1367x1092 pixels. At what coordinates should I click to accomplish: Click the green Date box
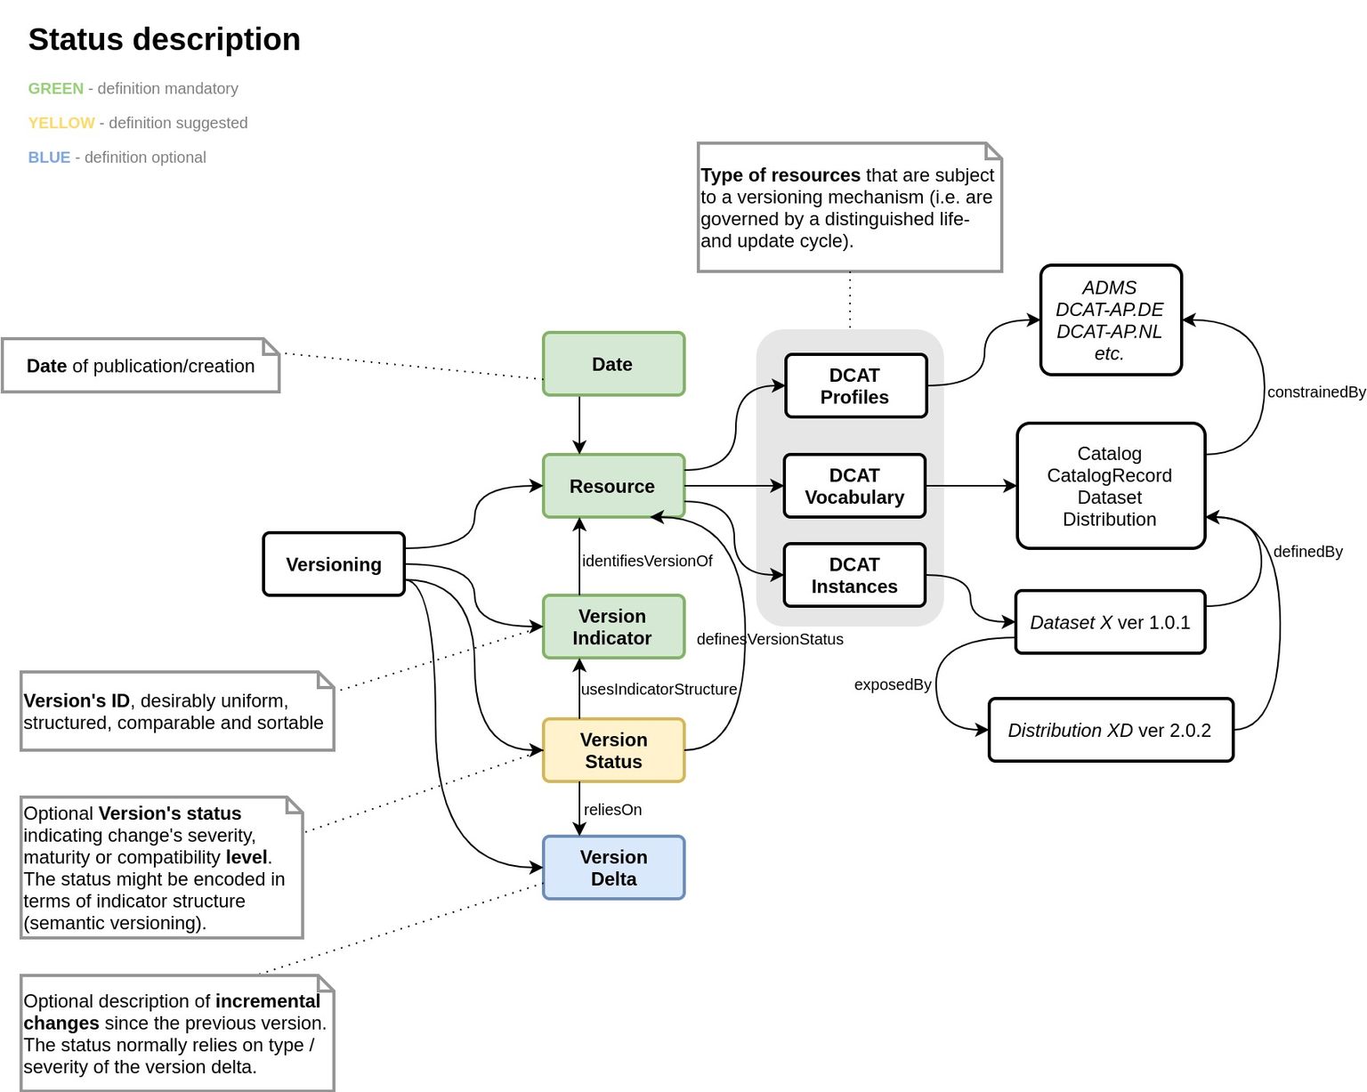(x=613, y=364)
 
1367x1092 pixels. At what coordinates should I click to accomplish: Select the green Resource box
(x=613, y=486)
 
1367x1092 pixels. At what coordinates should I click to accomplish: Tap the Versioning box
(x=334, y=564)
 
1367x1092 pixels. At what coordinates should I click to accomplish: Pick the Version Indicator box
(x=613, y=627)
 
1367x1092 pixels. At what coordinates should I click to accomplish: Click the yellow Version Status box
(x=613, y=750)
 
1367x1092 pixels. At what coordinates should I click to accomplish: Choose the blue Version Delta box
(x=613, y=868)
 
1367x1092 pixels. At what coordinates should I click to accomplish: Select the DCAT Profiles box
(x=855, y=385)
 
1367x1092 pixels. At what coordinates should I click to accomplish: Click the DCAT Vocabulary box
(x=854, y=486)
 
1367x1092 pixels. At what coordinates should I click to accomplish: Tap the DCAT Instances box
(x=854, y=575)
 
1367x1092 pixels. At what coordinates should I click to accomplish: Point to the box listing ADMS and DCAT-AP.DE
(x=1110, y=320)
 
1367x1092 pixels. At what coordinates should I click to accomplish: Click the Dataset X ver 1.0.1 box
(x=1110, y=622)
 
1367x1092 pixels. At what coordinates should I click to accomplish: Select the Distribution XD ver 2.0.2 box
(x=1110, y=730)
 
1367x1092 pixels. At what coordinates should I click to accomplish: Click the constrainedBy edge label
(x=1315, y=392)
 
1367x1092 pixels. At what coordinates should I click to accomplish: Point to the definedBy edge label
(x=1307, y=551)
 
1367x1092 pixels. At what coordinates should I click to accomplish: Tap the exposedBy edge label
(x=892, y=684)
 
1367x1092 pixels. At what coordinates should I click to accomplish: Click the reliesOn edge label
(x=612, y=809)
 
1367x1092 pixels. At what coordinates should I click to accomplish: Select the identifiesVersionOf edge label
(x=647, y=561)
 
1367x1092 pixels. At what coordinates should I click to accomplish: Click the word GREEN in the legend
(x=55, y=88)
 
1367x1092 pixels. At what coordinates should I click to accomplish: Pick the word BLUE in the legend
(x=49, y=158)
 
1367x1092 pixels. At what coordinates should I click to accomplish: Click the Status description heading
(x=165, y=39)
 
